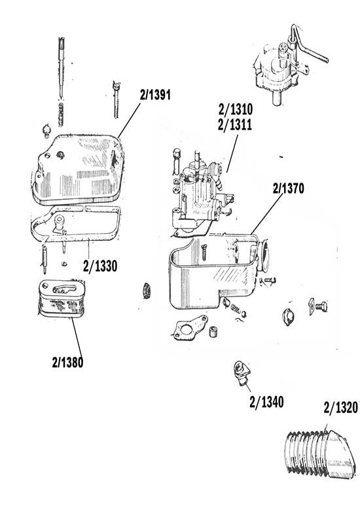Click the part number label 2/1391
(155, 94)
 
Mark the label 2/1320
(340, 409)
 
